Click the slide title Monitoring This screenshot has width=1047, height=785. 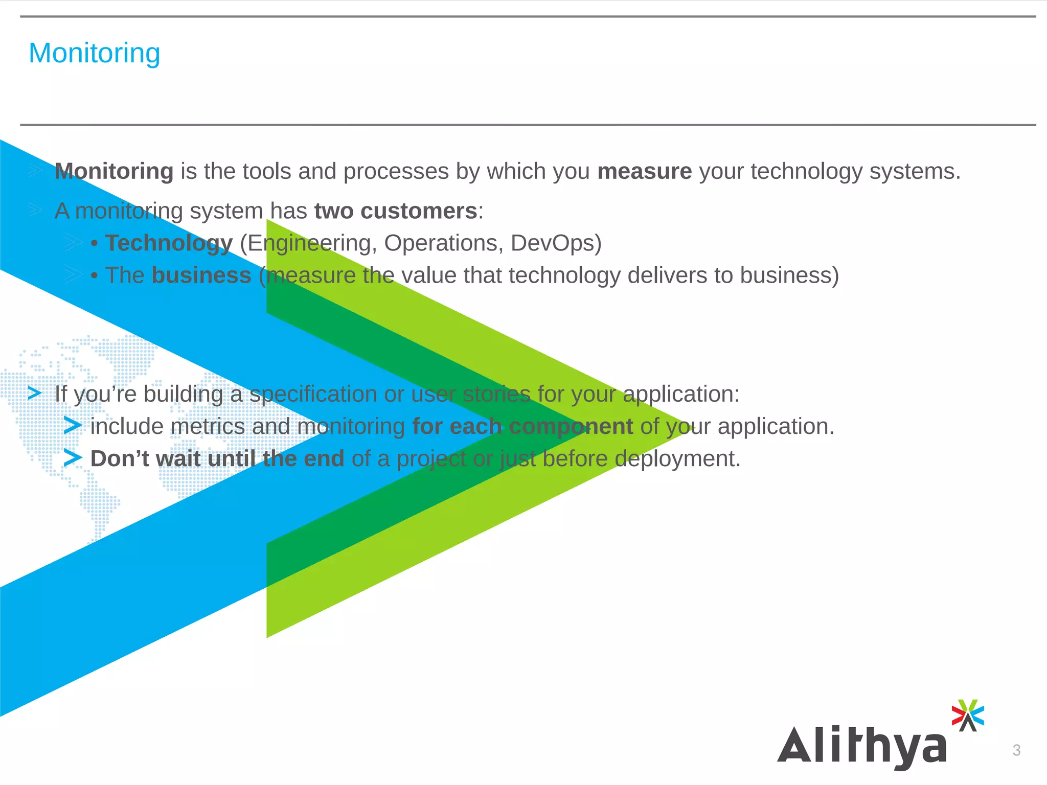[x=95, y=53]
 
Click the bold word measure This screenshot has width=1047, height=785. [x=644, y=171]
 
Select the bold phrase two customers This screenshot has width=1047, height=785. [x=395, y=211]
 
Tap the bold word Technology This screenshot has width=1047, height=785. [x=169, y=243]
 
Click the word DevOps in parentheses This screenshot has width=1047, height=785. [x=555, y=243]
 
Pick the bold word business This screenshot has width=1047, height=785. [x=201, y=275]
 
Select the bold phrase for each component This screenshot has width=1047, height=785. [x=522, y=427]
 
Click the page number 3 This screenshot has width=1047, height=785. [x=1016, y=750]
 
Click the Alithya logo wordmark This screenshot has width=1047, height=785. [x=862, y=746]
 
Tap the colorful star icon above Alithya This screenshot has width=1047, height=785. [x=967, y=714]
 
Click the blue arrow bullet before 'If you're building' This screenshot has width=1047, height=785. [x=35, y=394]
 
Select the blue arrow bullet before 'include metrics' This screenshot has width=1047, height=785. [x=73, y=426]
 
